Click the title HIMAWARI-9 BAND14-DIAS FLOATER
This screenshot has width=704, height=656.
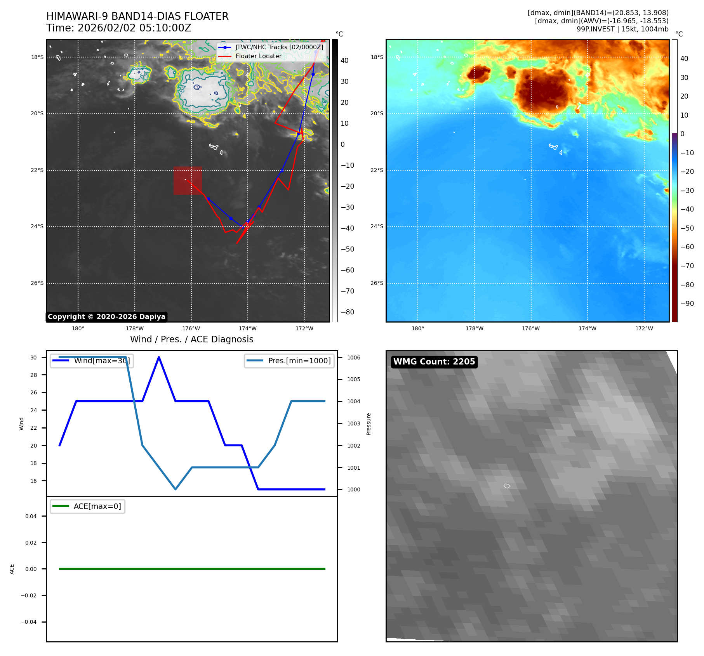137,16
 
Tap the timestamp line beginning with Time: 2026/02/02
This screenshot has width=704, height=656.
118,28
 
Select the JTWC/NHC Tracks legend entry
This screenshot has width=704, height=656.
279,47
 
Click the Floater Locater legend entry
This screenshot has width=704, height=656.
258,56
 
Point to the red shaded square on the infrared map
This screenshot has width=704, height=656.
188,180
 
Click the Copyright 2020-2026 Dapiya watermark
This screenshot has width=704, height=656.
106,317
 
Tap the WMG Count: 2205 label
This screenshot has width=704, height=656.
434,362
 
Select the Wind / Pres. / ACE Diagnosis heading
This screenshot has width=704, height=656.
191,339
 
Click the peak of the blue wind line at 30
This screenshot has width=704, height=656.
159,357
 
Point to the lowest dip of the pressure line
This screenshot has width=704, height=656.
176,489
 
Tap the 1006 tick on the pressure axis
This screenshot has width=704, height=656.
353,358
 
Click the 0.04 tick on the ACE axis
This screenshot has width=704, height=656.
31,516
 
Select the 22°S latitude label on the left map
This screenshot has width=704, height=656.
37,170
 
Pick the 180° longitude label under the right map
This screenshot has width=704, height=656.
417,328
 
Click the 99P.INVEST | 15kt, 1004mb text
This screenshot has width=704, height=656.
622,29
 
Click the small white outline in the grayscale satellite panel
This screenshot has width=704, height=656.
507,486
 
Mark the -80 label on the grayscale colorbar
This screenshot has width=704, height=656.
347,312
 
